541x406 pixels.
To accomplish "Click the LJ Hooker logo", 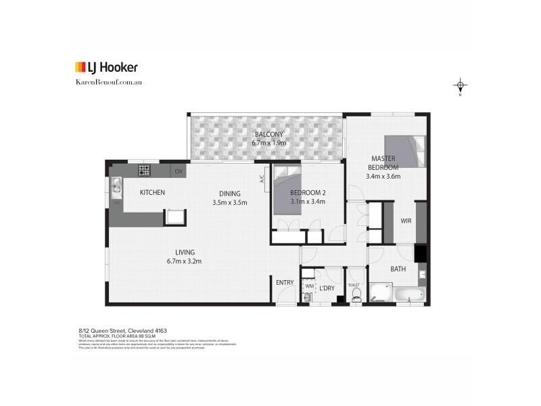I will pos(105,67).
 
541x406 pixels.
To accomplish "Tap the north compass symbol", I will pos(461,86).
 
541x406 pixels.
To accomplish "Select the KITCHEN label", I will pos(152,193).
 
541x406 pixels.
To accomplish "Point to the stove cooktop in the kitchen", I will pos(145,169).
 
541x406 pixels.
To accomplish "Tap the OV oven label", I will pos(179,171).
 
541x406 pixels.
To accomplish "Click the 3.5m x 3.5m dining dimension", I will pos(230,202).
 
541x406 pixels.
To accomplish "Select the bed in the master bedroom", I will pos(405,151).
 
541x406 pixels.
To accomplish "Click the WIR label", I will pos(406,221).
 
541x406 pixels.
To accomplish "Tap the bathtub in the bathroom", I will pos(409,294).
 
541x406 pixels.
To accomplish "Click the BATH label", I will pos(398,269).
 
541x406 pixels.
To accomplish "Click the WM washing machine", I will pos(309,286).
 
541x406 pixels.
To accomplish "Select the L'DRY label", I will pos(327,289).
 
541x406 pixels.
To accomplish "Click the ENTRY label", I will pos(283,282).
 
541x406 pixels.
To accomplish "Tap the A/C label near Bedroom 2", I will pos(261,180).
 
